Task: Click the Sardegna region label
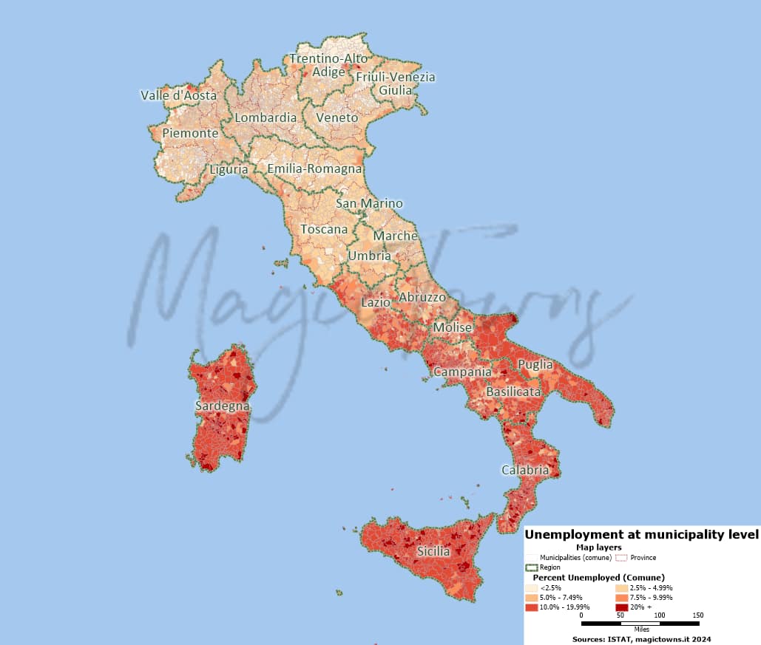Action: pos(222,406)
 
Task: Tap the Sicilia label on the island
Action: pos(433,551)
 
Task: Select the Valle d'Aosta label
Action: pos(178,95)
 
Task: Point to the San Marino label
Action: pos(369,203)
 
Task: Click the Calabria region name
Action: pos(525,470)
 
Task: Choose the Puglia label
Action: pos(535,364)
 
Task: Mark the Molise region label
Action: pos(453,327)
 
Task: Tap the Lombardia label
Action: pos(265,117)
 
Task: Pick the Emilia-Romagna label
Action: pos(315,168)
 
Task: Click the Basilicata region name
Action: pos(513,391)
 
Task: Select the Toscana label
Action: pos(324,229)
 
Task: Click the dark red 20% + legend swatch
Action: pos(621,607)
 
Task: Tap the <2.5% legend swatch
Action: pos(531,587)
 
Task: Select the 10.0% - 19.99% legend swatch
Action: pos(531,607)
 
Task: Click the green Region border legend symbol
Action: pos(531,567)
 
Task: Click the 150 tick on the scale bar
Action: pos(697,615)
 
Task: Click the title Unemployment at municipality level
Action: pos(641,534)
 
